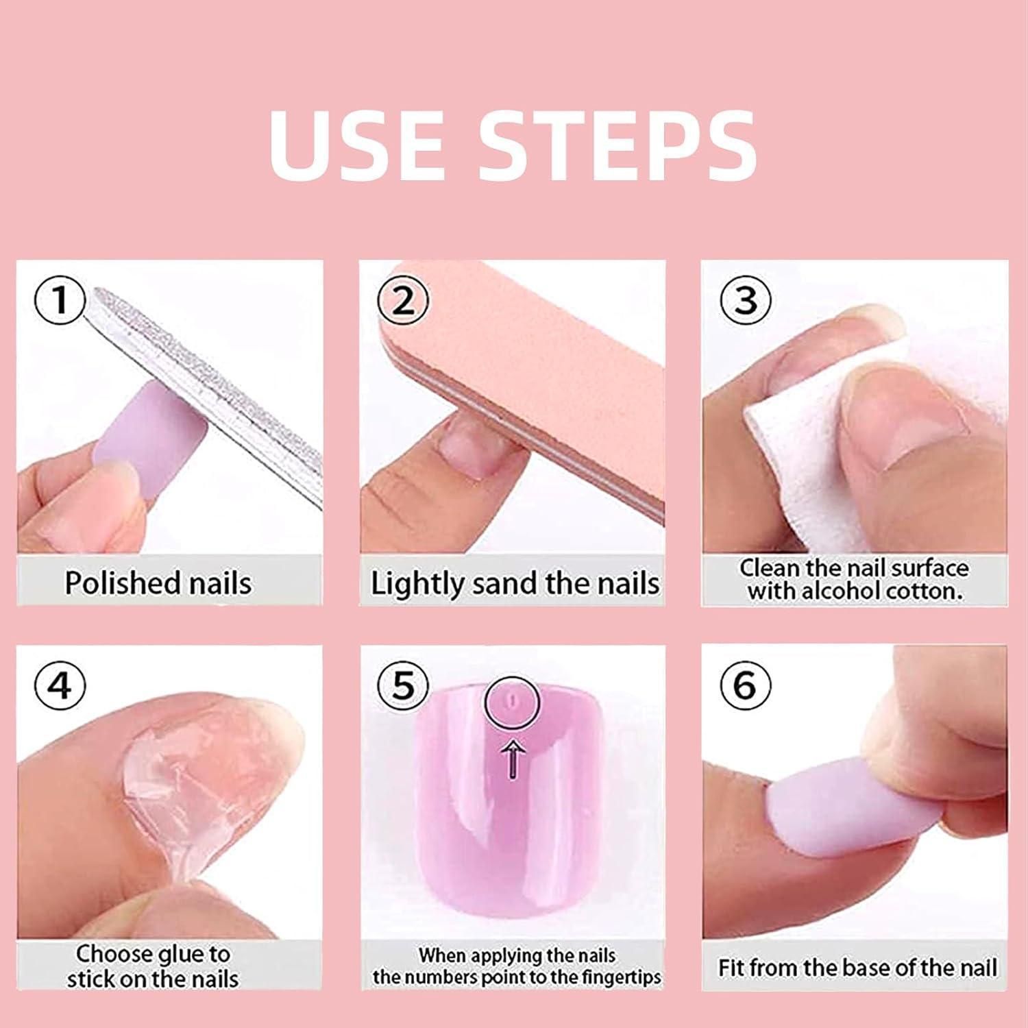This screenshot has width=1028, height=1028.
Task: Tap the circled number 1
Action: click(60, 300)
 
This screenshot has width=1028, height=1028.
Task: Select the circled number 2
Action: click(403, 300)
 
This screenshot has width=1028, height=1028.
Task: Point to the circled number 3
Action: click(745, 300)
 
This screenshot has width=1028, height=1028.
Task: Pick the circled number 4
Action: click(60, 685)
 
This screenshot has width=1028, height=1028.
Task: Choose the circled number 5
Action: click(403, 685)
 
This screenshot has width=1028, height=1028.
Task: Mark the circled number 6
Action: click(745, 685)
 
